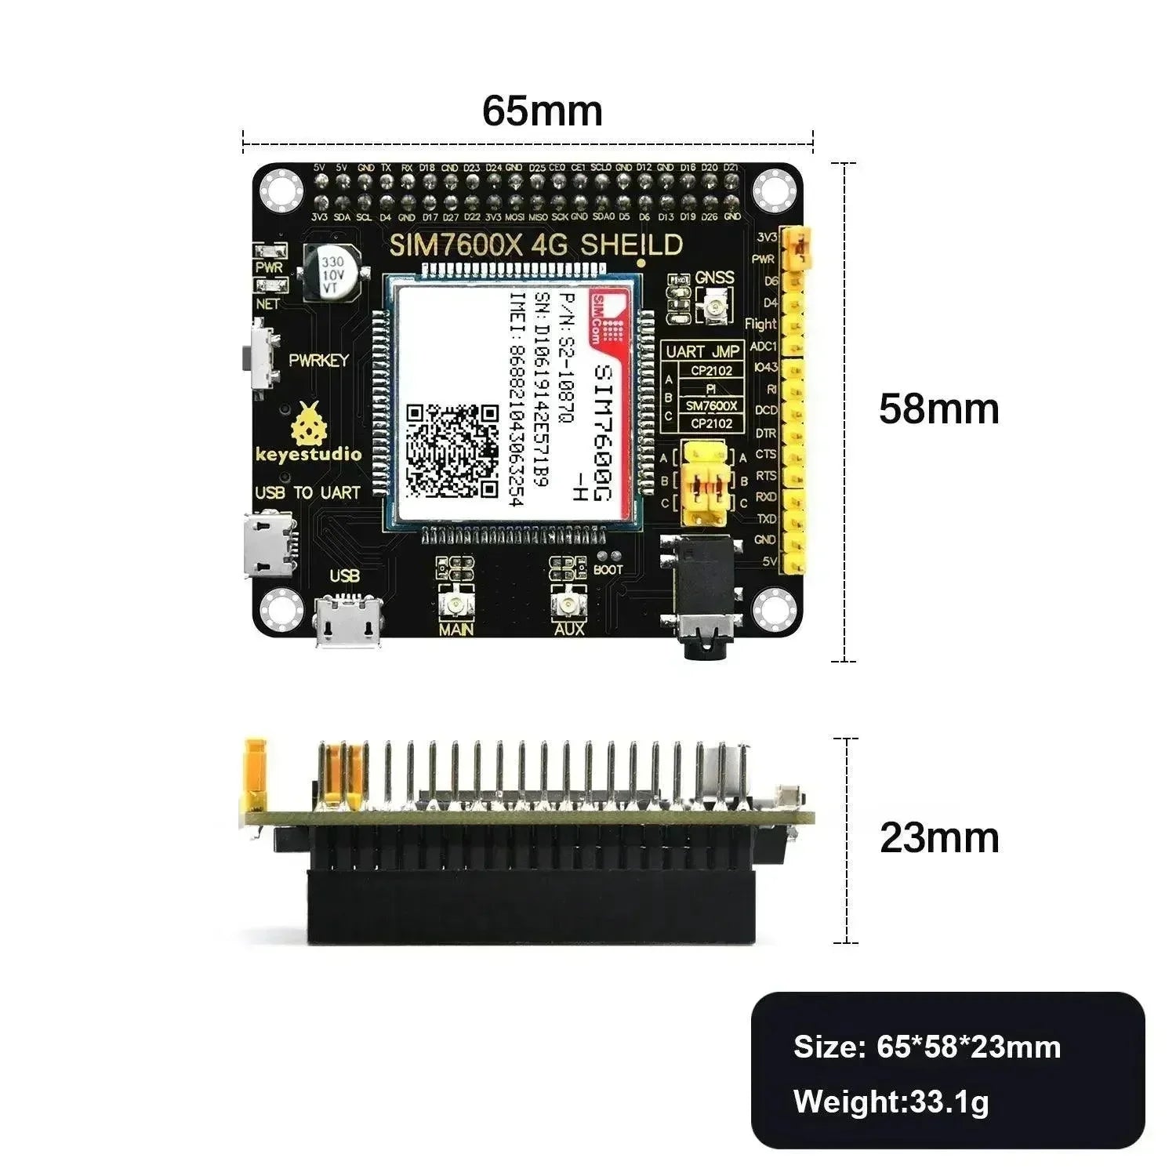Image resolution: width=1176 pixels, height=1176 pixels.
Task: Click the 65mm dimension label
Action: pyautogui.click(x=542, y=111)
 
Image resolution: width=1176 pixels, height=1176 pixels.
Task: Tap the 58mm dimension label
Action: pyautogui.click(x=938, y=409)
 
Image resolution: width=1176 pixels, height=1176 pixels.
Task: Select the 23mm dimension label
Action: pyautogui.click(x=938, y=838)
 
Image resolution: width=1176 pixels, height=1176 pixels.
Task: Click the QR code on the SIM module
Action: pyautogui.click(x=452, y=451)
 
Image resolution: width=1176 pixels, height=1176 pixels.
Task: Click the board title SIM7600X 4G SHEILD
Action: pyautogui.click(x=536, y=245)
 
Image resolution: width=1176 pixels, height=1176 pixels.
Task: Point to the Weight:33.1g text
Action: pyautogui.click(x=891, y=1102)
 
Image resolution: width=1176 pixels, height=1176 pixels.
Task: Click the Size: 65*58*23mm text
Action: pyautogui.click(x=927, y=1047)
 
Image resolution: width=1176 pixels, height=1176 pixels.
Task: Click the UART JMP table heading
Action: pyautogui.click(x=702, y=352)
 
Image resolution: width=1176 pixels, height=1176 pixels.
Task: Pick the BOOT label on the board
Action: pyautogui.click(x=608, y=570)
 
